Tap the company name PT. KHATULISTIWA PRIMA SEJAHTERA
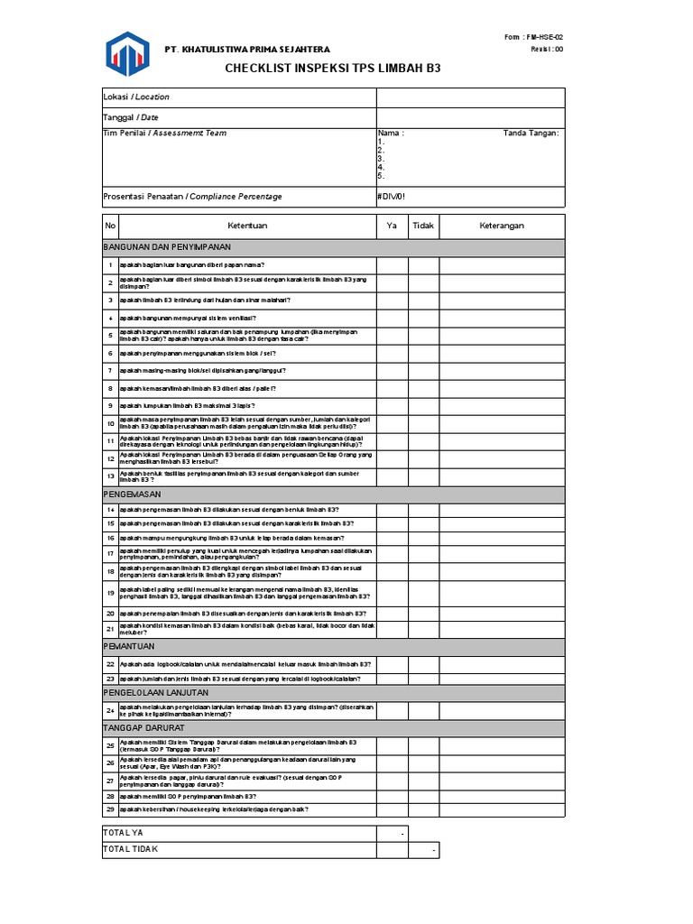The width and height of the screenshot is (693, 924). click(x=246, y=49)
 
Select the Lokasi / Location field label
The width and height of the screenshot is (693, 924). click(x=136, y=97)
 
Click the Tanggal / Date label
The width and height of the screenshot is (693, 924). click(x=132, y=117)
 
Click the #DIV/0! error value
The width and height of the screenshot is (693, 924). click(x=397, y=196)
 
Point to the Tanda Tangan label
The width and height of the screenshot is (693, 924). click(x=531, y=134)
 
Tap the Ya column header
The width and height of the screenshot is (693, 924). click(x=392, y=226)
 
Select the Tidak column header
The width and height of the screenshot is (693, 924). click(x=423, y=226)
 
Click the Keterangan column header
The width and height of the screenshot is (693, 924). click(x=502, y=226)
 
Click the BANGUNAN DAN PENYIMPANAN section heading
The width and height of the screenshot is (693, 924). click(x=167, y=246)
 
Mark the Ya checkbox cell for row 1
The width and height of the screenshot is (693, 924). click(x=392, y=265)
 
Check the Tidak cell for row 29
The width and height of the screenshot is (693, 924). click(x=423, y=809)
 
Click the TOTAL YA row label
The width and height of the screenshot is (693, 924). click(x=124, y=833)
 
